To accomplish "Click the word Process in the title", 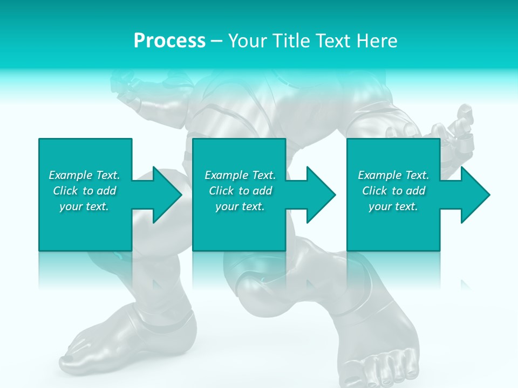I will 169,41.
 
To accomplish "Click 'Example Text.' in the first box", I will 84,175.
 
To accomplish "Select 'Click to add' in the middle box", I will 241,191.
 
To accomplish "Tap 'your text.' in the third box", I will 393,206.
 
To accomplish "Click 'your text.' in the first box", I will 84,206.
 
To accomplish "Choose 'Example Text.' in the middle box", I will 240,175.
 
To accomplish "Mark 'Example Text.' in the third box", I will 393,175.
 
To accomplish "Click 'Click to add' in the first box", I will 85,191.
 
